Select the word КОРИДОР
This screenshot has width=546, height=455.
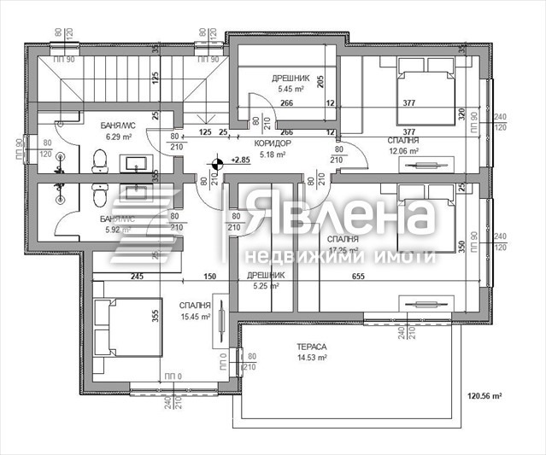[x=273, y=143]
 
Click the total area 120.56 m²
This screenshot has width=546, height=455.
[x=508, y=396]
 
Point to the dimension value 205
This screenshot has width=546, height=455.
[x=320, y=82]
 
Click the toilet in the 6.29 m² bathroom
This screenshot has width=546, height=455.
[x=99, y=160]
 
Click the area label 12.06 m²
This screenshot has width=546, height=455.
[x=403, y=151]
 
